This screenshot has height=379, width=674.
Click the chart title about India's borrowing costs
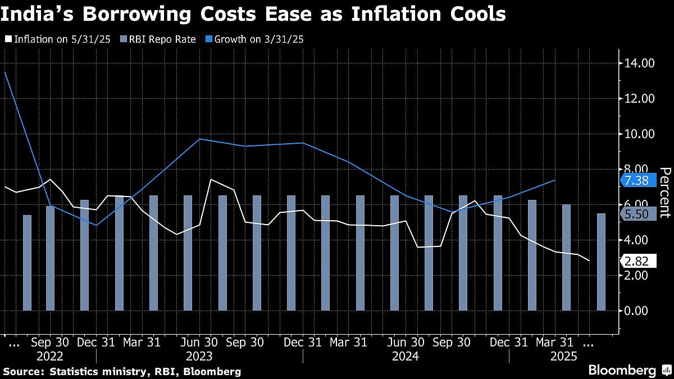(253, 14)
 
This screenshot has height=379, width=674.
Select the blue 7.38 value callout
(637, 180)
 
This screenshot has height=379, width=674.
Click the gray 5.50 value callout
(637, 214)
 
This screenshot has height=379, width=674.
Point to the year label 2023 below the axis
(199, 356)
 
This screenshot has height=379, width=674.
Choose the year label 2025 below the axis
(564, 356)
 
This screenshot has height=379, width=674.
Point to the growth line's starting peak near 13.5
(5, 72)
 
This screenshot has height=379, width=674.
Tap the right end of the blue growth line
(555, 180)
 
